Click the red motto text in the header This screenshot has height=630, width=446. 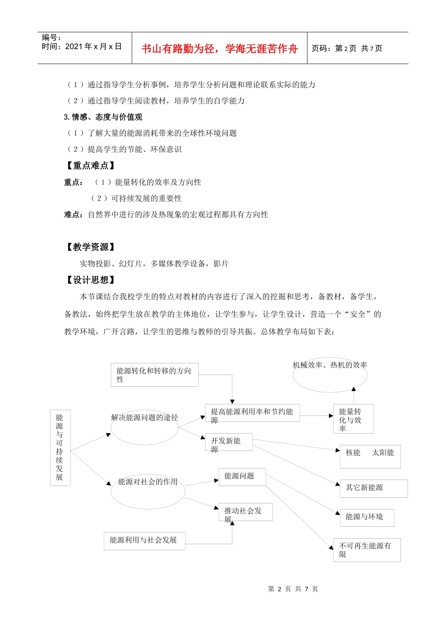point(219,49)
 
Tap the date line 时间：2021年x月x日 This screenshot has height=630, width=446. point(82,46)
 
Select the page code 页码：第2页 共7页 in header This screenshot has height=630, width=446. point(347,48)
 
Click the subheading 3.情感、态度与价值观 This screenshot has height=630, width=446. point(103,117)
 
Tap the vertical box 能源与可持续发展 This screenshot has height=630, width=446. point(60,447)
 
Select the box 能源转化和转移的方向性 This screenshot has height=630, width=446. point(154,375)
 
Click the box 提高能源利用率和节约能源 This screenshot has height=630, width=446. point(252,413)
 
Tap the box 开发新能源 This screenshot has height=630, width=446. point(229,442)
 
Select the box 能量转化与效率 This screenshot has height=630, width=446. point(353,419)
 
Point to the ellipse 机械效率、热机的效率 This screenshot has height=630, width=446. point(330,374)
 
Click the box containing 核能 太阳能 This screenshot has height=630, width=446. point(370,456)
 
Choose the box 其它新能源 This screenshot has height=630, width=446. point(373,488)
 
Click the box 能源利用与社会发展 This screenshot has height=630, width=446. point(144,540)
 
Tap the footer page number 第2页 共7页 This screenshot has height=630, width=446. point(293,589)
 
